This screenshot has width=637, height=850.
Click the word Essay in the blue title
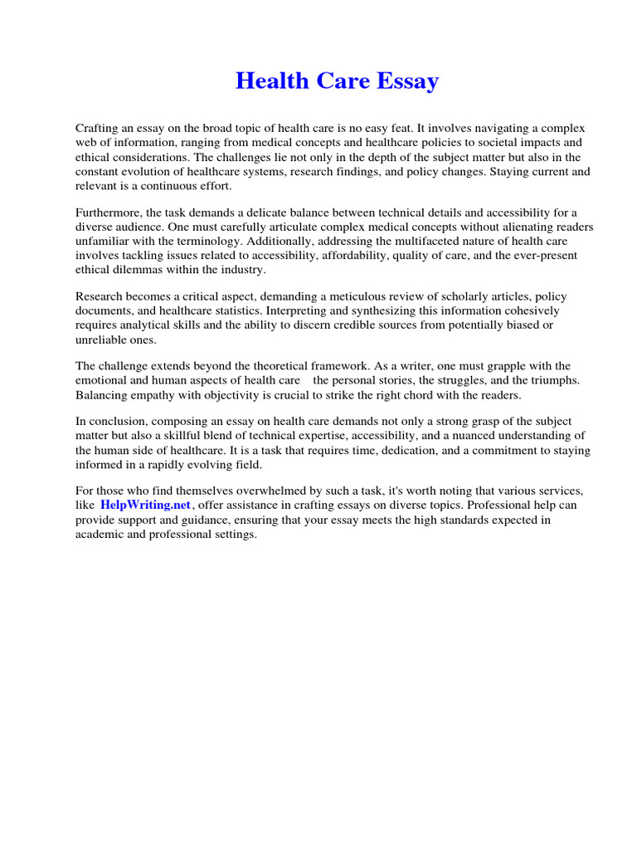tap(407, 81)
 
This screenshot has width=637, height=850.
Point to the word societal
tap(475, 142)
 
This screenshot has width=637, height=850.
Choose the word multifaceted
tap(449, 242)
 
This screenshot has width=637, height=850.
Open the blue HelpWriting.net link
tap(146, 505)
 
